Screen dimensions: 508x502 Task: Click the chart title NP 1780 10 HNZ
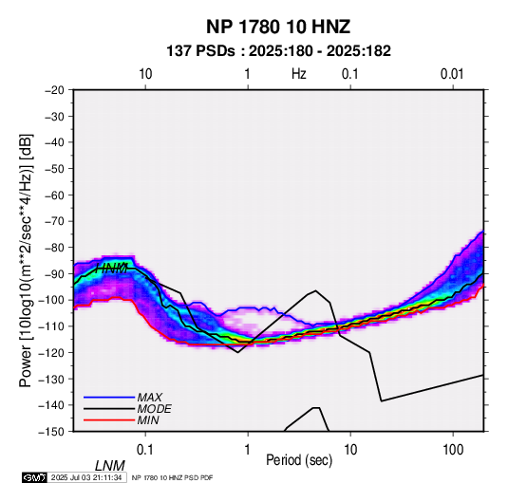(x=278, y=27)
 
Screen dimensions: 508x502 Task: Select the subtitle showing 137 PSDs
(x=278, y=51)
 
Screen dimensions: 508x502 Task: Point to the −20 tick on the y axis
(x=54, y=90)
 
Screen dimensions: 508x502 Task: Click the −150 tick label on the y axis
(x=51, y=432)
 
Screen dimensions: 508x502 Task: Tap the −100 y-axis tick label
(x=51, y=300)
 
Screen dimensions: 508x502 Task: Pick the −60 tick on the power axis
(x=54, y=195)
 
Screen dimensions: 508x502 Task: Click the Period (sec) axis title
(x=299, y=460)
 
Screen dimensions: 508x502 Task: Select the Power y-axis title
(x=26, y=260)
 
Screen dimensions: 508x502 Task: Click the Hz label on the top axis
(x=299, y=74)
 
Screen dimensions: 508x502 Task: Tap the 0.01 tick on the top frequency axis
(x=452, y=74)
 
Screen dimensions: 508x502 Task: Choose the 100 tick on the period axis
(x=453, y=450)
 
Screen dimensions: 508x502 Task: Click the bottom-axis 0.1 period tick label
(x=145, y=450)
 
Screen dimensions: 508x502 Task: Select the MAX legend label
(x=149, y=397)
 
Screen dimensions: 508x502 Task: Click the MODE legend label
(x=154, y=409)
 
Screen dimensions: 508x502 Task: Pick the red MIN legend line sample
(x=109, y=420)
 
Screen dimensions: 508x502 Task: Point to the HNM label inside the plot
(x=111, y=269)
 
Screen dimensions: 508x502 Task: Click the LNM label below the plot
(x=110, y=466)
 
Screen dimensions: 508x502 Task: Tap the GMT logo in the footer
(x=35, y=477)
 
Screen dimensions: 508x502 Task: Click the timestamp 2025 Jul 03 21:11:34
(x=86, y=477)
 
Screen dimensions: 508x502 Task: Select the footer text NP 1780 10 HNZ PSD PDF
(x=173, y=477)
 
